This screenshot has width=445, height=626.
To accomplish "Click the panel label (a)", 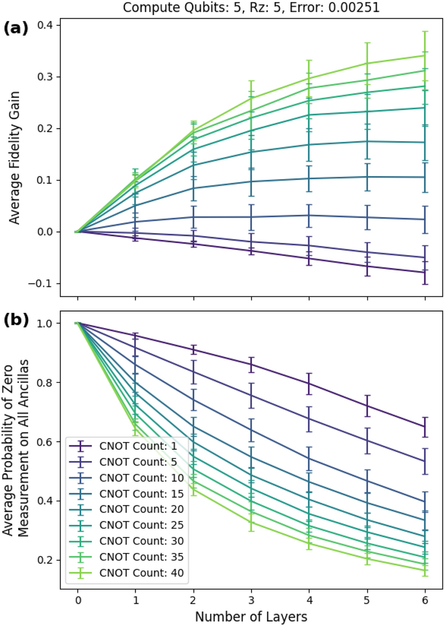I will pyautogui.click(x=17, y=29).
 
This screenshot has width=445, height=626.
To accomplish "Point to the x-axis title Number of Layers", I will pyautogui.click(x=251, y=616).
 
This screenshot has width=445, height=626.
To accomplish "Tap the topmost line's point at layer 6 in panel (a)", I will pyautogui.click(x=425, y=55).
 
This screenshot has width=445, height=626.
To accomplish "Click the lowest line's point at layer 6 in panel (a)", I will pyautogui.click(x=425, y=272).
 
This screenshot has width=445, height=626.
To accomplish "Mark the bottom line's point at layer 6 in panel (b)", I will pyautogui.click(x=425, y=570).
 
